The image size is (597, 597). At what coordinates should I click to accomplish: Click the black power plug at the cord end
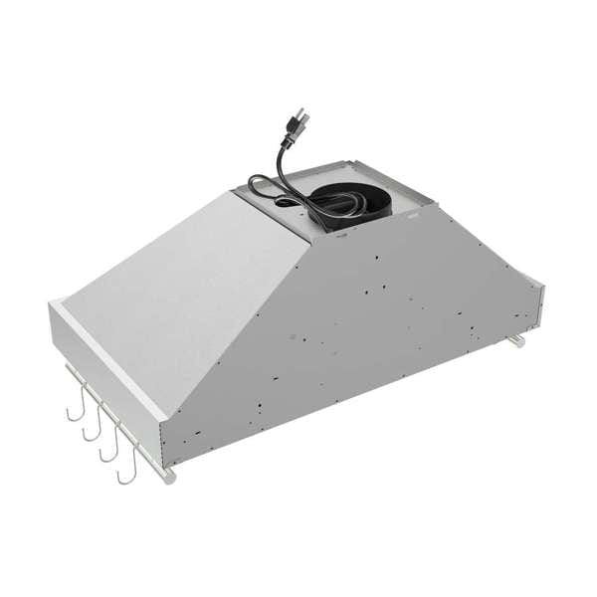pos(297,126)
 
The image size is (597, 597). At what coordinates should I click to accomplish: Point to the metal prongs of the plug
pos(302,117)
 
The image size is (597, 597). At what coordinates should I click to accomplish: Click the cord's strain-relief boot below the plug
pos(287,140)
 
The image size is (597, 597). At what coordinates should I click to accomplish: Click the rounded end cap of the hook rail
pos(170,478)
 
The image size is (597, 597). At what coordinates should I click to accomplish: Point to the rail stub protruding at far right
pos(515,341)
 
